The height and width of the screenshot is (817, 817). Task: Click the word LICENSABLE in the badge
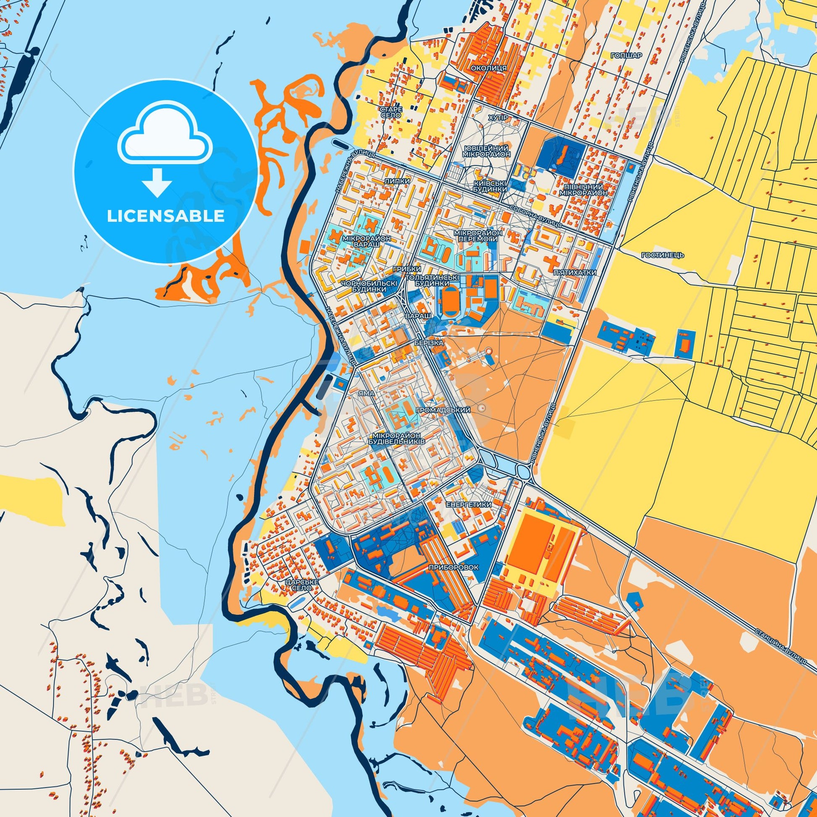[x=165, y=216]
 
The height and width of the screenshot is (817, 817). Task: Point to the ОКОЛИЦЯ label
[x=487, y=68]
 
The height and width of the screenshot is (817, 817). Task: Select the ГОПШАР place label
[x=626, y=55]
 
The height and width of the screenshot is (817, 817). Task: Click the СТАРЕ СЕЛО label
[x=391, y=112]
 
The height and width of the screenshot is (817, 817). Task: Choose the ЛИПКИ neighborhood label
[x=397, y=181]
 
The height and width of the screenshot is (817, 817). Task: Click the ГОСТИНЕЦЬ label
[x=656, y=255]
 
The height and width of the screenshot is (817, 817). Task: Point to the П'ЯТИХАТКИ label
[x=575, y=273]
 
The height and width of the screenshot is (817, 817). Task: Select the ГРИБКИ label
[x=407, y=269]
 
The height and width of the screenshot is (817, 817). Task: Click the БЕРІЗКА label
[x=429, y=343]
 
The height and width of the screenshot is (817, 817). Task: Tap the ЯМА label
[x=366, y=393]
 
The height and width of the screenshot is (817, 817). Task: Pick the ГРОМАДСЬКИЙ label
[x=444, y=410]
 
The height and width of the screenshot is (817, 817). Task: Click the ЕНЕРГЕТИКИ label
[x=468, y=505]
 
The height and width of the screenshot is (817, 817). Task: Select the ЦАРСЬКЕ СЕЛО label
[x=301, y=585]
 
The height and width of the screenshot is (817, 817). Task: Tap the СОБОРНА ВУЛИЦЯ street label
[x=535, y=215]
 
